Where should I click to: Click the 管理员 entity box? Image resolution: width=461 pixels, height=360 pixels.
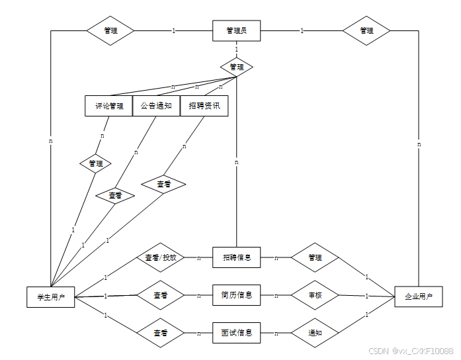(236, 31)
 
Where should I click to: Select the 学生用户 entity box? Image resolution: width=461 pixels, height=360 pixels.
(50, 297)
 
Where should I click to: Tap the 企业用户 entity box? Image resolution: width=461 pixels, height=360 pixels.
(418, 297)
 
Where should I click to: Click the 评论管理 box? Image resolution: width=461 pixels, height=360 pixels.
(109, 106)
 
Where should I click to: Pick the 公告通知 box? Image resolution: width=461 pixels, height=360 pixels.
(156, 106)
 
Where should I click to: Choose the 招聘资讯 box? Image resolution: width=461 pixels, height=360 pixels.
(204, 106)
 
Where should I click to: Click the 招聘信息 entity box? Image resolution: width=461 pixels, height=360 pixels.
(236, 257)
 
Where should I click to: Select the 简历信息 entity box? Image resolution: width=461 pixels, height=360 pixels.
(236, 295)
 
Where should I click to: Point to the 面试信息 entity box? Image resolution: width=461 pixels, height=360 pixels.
(236, 333)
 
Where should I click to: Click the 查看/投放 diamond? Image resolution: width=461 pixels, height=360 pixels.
(160, 257)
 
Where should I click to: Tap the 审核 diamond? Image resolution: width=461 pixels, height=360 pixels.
(315, 295)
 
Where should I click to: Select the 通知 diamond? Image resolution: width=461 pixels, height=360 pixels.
(315, 333)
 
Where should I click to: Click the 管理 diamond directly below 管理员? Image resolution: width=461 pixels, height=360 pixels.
(236, 67)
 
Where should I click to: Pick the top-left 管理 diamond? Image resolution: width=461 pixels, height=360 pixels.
(110, 30)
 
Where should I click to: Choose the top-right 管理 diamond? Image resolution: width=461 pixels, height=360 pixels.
(366, 30)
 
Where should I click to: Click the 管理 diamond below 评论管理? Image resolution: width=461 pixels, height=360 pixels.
(95, 163)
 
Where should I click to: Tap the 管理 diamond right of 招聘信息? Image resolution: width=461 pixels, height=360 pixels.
(315, 257)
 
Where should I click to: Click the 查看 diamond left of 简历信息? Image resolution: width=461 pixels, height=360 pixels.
(160, 295)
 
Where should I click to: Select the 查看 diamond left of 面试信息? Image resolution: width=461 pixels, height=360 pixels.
(160, 333)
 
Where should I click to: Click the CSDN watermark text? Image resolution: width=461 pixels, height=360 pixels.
(410, 351)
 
